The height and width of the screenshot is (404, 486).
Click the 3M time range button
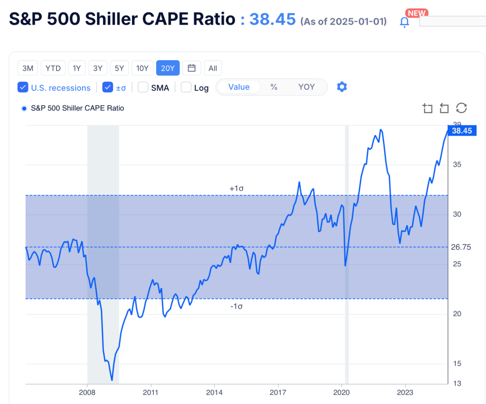[28, 68]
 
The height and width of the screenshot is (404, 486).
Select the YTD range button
[53, 68]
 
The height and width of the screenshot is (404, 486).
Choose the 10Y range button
[142, 68]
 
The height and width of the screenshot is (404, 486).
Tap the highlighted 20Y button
[168, 68]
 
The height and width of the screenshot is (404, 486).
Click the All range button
[213, 68]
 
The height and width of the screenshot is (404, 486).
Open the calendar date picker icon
[192, 68]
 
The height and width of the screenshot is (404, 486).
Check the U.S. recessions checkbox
[22, 88]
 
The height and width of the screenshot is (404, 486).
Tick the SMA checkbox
[143, 88]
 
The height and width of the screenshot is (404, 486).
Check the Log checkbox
[186, 88]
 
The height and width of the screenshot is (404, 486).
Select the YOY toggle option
[306, 87]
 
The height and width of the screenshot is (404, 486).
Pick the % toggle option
[274, 87]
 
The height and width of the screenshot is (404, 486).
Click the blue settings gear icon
[342, 87]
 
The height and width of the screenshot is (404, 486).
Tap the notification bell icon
[404, 22]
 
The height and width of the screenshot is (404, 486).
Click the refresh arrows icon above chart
[461, 108]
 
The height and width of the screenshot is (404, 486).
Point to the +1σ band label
[236, 188]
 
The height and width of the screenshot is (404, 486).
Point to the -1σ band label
[236, 306]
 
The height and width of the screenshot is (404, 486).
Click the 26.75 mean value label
[461, 247]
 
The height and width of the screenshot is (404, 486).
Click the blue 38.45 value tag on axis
[461, 131]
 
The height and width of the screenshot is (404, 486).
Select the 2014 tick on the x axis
[215, 393]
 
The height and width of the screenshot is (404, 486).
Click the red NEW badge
[416, 13]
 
